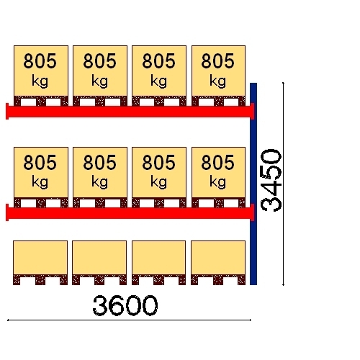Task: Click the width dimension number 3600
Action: pos(125,305)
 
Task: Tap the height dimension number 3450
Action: pos(271,181)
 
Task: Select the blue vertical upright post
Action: pos(253,184)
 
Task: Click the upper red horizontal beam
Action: pos(130,112)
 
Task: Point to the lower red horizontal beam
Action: pos(130,212)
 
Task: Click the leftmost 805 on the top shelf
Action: pos(40,61)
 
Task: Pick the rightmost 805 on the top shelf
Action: pos(218,61)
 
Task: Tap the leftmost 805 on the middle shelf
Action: pos(40,163)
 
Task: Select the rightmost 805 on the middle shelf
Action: pos(218,163)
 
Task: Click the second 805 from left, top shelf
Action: pos(100,61)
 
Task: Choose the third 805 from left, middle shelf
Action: pos(159,163)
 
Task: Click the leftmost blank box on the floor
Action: pos(40,258)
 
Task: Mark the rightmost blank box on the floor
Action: pos(218,258)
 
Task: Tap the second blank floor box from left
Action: pos(99,258)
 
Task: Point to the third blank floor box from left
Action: pos(159,258)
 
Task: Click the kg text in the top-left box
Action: pos(40,81)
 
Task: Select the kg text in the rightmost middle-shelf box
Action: pos(218,182)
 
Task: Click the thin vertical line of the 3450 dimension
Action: pos(284,184)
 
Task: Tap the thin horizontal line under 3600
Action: pos(129,320)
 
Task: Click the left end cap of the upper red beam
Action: pos(7,112)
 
